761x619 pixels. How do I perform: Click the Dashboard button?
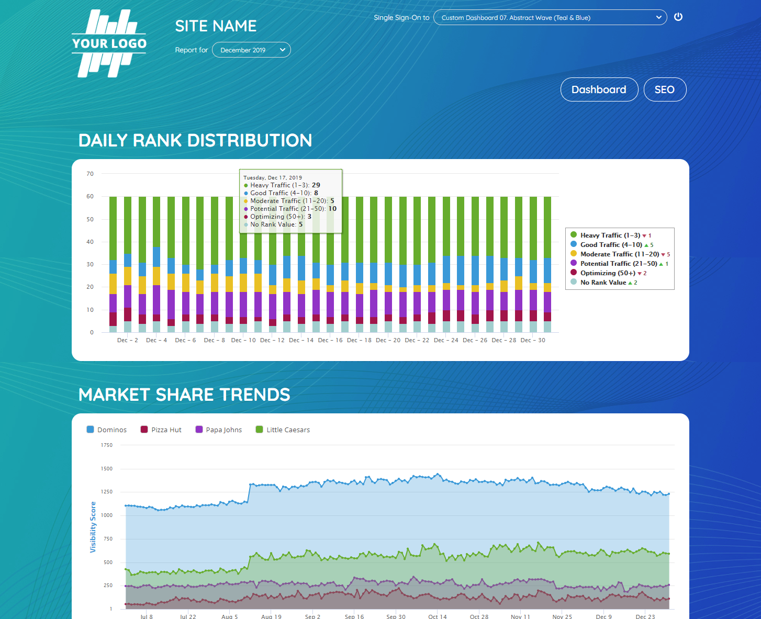599,89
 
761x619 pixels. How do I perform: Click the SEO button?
664,89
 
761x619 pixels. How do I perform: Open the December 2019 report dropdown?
251,50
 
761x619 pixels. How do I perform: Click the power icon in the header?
678,17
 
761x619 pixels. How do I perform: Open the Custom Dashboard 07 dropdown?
550,18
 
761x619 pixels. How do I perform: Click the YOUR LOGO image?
109,43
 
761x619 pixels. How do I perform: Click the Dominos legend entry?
107,430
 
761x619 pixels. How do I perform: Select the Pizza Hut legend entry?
161,430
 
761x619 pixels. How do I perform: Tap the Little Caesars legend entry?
283,430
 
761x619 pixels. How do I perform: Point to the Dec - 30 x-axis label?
533,340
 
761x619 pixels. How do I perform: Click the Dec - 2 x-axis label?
128,340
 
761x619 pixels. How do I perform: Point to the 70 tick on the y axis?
90,174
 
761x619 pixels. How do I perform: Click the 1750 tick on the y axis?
106,445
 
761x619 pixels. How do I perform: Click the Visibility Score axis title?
93,527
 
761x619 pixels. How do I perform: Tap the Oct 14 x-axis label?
438,616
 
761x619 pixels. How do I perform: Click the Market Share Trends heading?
184,395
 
